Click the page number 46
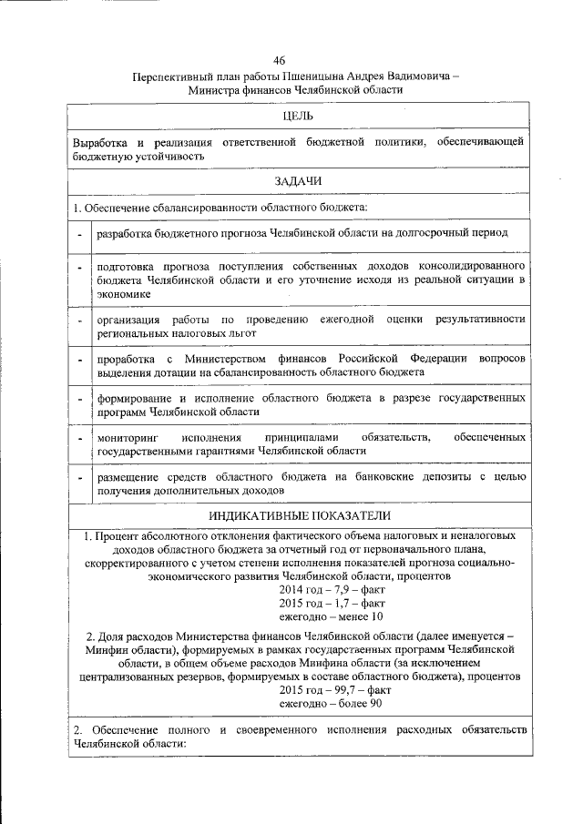coord(291,60)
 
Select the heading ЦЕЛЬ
coord(299,115)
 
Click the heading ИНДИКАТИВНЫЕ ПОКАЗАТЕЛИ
coord(299,515)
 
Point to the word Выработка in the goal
coord(100,143)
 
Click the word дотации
coord(184,373)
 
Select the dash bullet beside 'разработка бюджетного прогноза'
coord(80,235)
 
